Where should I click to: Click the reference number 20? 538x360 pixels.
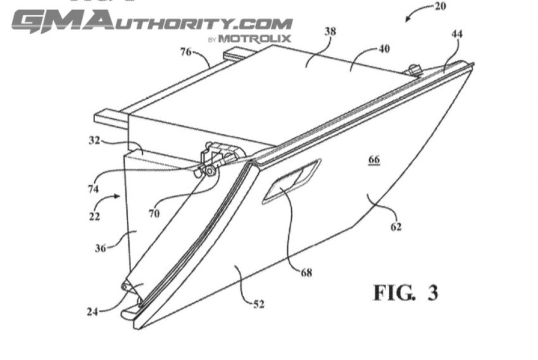[x=441, y=6]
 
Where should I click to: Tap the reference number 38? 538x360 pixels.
[x=330, y=31]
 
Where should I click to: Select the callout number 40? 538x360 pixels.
[x=384, y=49]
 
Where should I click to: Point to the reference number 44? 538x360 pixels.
[x=457, y=34]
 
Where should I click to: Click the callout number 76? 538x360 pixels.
[x=186, y=52]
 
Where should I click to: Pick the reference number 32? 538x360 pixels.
[x=94, y=140]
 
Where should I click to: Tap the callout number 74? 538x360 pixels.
[x=93, y=189]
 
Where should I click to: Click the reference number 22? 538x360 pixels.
[x=94, y=216]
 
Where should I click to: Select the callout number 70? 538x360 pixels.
[x=154, y=214]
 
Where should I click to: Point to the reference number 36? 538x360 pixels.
[x=100, y=248]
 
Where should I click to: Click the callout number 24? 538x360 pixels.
[x=92, y=312]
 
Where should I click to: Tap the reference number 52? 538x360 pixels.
[x=259, y=304]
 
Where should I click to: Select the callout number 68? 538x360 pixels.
[x=306, y=273]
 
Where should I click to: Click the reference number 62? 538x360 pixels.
[x=396, y=227]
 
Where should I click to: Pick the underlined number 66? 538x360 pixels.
[x=374, y=160]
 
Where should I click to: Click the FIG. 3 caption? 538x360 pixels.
[x=406, y=292]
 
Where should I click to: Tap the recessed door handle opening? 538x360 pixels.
[x=292, y=182]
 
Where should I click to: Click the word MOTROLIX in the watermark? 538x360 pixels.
[x=254, y=39]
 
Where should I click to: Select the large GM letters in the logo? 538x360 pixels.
[x=62, y=22]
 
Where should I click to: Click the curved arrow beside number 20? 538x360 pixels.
[x=418, y=10]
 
